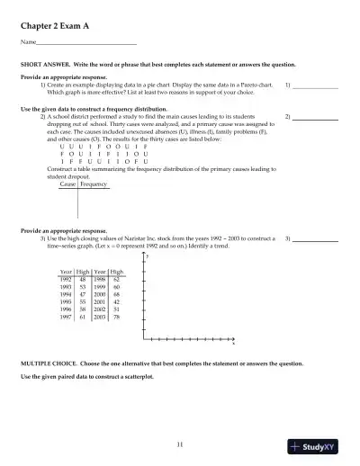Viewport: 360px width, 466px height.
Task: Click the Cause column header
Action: click(67, 184)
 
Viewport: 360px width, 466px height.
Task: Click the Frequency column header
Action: click(94, 184)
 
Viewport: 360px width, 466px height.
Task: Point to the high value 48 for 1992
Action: click(83, 280)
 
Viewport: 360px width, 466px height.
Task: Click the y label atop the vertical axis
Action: click(147, 257)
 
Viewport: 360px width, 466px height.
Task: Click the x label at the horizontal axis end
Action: click(234, 343)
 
